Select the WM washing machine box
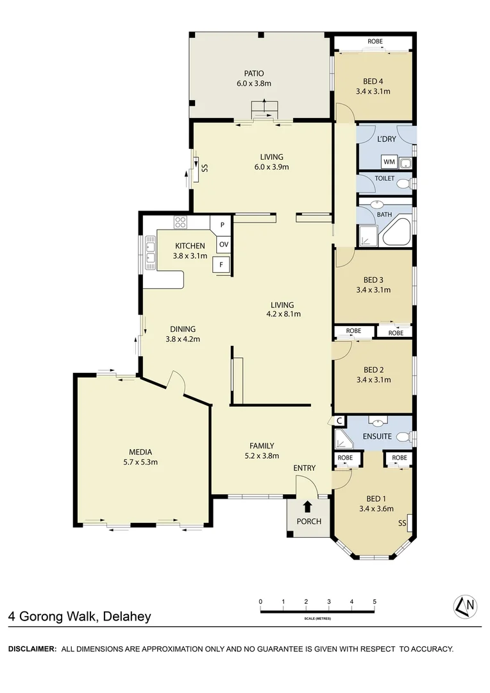click(x=389, y=161)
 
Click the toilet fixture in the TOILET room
click(x=403, y=184)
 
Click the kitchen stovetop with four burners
click(x=180, y=223)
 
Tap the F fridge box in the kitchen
click(x=221, y=264)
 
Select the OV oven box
click(x=223, y=244)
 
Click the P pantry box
click(x=222, y=225)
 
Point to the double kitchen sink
click(x=151, y=251)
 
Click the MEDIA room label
click(x=140, y=452)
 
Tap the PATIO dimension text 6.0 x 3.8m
click(x=254, y=83)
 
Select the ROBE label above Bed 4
click(x=375, y=42)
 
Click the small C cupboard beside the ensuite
click(x=339, y=421)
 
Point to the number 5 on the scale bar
click(x=375, y=601)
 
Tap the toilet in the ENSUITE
click(x=403, y=437)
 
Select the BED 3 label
click(x=373, y=280)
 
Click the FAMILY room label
click(x=262, y=446)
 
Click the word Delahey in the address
click(x=126, y=617)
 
